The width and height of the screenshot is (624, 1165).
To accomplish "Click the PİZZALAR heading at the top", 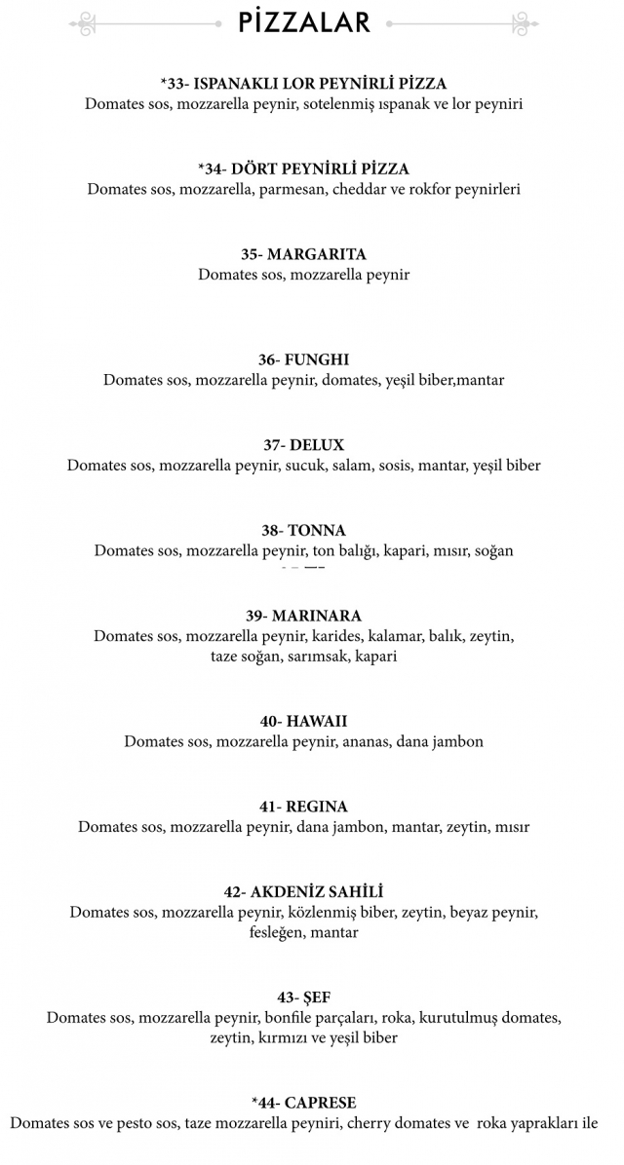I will [x=304, y=21].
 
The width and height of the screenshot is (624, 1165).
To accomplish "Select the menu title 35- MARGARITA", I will [x=304, y=254].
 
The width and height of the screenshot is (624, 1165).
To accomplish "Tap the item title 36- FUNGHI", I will [x=304, y=359].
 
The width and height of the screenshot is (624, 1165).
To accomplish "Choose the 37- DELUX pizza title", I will [x=304, y=445].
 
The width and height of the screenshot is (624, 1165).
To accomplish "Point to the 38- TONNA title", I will [x=304, y=531].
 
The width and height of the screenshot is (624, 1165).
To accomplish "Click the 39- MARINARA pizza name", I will [x=304, y=616].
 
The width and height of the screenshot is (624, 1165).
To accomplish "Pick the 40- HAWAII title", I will [x=304, y=722].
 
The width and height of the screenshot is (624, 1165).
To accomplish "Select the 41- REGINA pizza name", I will [x=304, y=807].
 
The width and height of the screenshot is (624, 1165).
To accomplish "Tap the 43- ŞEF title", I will [x=304, y=997].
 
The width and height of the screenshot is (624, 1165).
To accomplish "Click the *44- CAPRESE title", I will [x=304, y=1103].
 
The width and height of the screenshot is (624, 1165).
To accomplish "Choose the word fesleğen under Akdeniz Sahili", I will [x=276, y=933].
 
